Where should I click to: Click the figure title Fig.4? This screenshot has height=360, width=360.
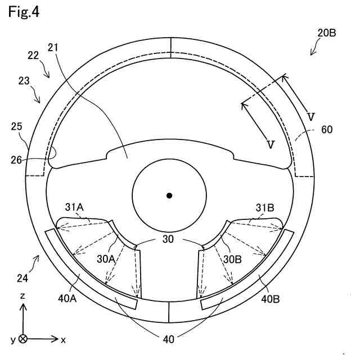pos(24,13)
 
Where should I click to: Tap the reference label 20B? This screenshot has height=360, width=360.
pos(326,33)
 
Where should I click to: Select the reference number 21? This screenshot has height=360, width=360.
pos(53,49)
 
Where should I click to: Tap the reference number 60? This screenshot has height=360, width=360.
pos(327,129)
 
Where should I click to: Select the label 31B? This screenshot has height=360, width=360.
pos(264,208)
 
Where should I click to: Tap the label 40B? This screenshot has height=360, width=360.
pos(270,299)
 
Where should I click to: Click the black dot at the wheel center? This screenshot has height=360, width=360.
pos(169,196)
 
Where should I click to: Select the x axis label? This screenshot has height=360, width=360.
pos(64,340)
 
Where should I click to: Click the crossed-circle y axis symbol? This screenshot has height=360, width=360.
pos(22,339)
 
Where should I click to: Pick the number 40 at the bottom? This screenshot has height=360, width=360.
pos(169,339)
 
